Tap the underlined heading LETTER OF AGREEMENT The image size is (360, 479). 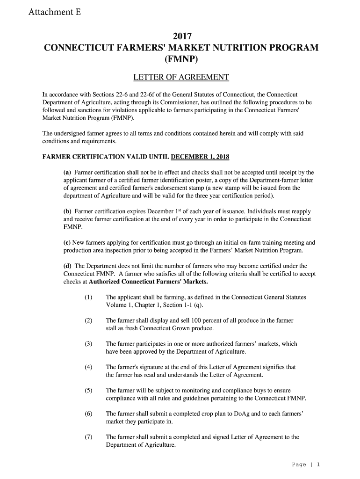click(x=181, y=77)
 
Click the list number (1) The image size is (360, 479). click(x=88, y=298)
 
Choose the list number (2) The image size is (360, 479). click(x=88, y=321)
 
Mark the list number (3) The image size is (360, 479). click(x=88, y=344)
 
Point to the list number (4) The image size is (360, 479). click(x=88, y=367)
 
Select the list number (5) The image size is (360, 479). click(x=88, y=390)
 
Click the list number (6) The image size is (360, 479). click(x=88, y=414)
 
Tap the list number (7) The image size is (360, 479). click(x=88, y=437)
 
